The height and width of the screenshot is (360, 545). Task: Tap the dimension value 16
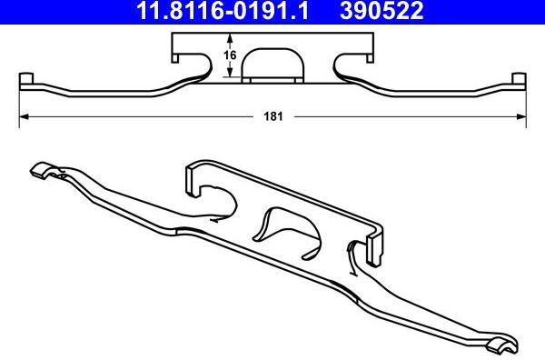pos(231,56)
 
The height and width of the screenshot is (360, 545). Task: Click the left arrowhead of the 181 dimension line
pos(25,116)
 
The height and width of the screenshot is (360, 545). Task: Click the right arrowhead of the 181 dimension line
pos(522,116)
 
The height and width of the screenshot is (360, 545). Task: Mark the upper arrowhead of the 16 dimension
pos(231,38)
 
